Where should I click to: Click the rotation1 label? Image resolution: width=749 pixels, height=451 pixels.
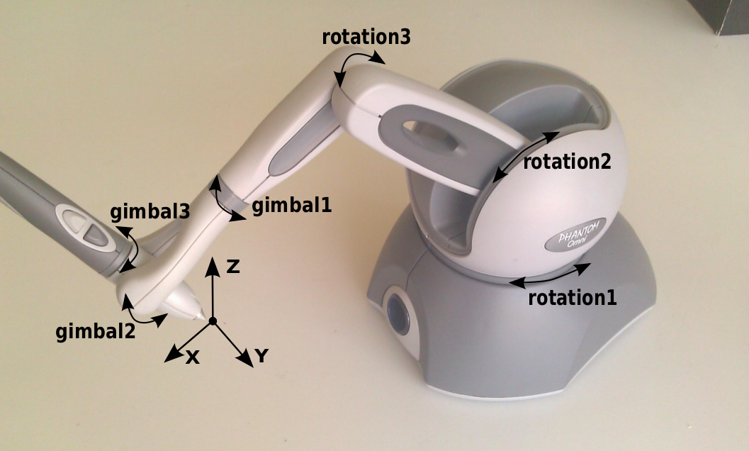tap(573, 298)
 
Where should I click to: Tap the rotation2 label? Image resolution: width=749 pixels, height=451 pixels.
tap(567, 162)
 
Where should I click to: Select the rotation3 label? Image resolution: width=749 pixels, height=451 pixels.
tap(366, 38)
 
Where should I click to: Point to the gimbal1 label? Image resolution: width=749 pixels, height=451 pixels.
tap(291, 206)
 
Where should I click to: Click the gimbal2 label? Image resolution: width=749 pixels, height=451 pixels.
tap(96, 331)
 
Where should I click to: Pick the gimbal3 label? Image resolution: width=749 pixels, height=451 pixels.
tap(150, 212)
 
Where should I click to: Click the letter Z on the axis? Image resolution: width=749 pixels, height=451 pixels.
tap(232, 267)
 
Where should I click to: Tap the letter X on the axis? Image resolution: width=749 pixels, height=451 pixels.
tap(192, 357)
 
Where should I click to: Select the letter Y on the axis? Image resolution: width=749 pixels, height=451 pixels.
tap(261, 356)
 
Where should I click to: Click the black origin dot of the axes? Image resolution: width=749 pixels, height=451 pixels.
tap(213, 321)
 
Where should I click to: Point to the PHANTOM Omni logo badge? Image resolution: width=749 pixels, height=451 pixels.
tap(575, 234)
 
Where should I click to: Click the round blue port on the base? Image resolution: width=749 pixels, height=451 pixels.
tap(398, 313)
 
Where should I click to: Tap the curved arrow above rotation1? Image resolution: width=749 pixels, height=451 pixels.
tap(550, 276)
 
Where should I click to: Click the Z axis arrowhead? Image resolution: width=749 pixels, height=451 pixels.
tap(213, 267)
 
